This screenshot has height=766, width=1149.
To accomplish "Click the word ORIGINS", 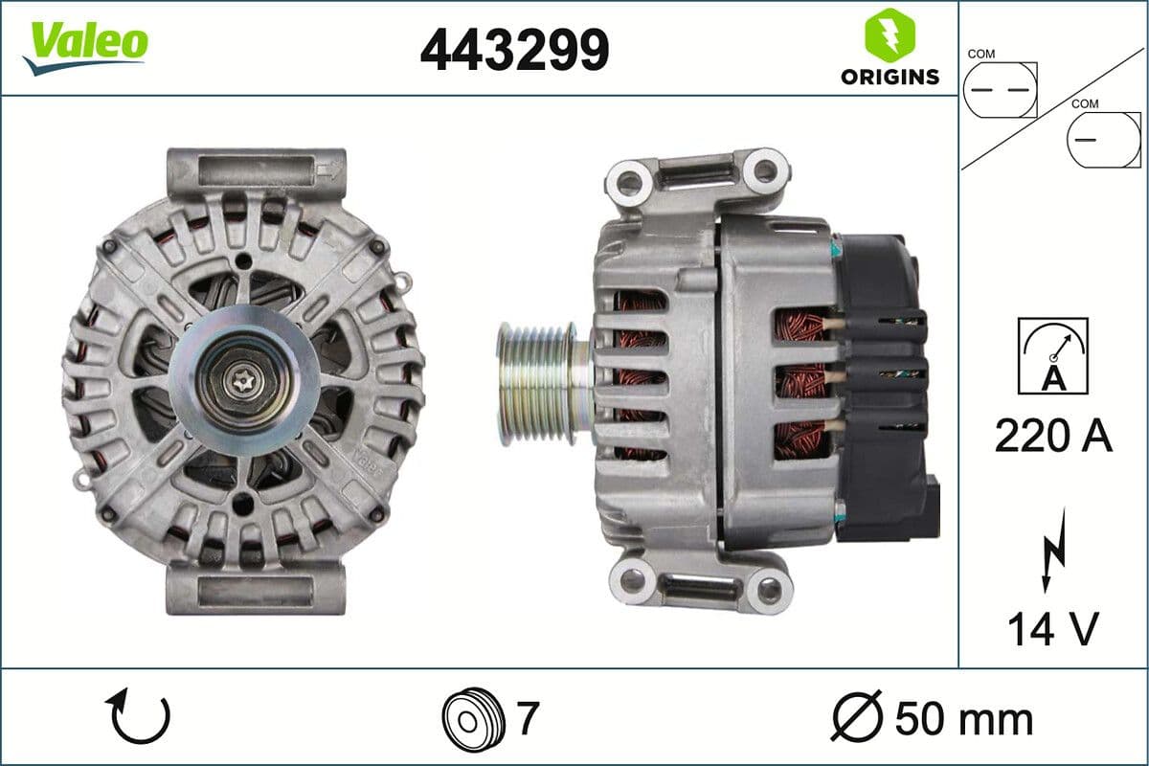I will tap(890, 78).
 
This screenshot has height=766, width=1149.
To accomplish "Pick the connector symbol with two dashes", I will tap(1000, 90).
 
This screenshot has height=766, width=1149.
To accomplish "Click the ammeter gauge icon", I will tap(1053, 355).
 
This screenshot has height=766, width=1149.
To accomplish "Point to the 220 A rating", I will tap(1053, 436).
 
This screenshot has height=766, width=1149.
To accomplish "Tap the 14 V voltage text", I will tap(1051, 628).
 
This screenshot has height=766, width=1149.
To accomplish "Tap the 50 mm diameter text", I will tap(963, 719).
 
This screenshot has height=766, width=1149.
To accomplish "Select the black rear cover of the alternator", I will tap(881, 383).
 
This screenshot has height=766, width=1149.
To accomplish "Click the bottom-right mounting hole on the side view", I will tap(769, 589).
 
